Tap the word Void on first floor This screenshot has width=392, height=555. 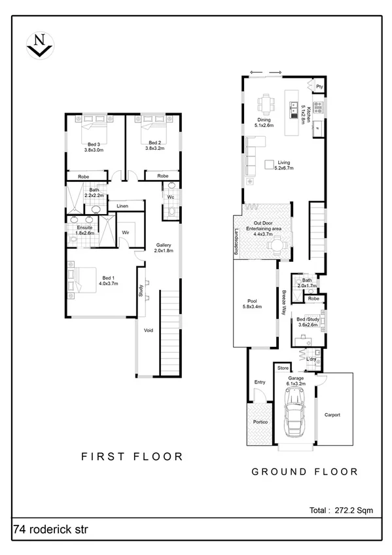(x=149, y=331)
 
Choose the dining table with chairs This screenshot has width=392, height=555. (x=265, y=103)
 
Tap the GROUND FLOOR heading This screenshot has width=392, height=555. (x=305, y=471)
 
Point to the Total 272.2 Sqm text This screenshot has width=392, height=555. (x=340, y=510)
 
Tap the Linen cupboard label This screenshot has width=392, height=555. (x=122, y=206)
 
